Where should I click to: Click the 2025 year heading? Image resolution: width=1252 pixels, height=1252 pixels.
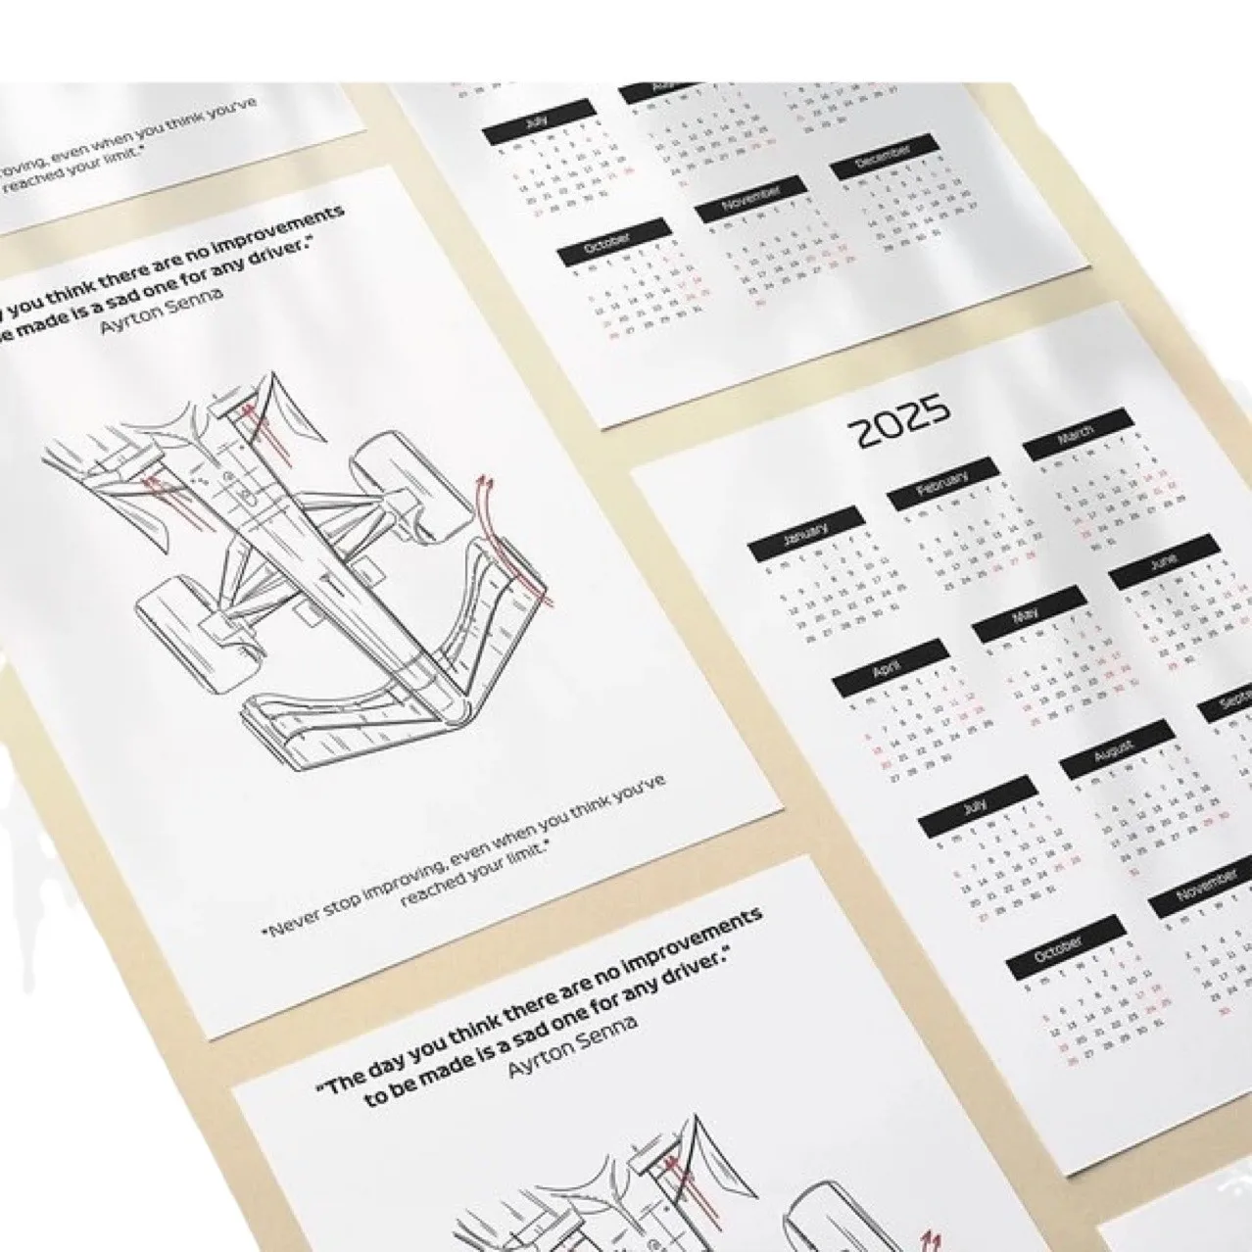tap(898, 420)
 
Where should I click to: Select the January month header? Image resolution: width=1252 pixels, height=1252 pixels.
tap(804, 534)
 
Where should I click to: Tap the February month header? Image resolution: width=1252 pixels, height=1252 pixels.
tap(942, 484)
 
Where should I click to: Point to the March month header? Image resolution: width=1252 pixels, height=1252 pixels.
tap(1078, 435)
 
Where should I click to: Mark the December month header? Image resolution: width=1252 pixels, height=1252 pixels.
tap(884, 157)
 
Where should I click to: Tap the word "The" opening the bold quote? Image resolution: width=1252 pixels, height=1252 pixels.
tap(343, 1083)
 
